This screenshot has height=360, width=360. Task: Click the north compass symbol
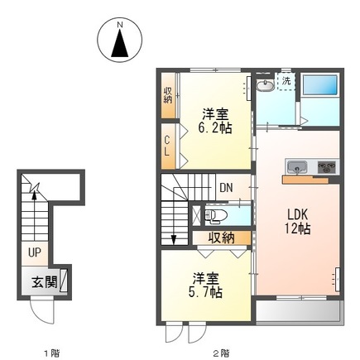pos(120,40)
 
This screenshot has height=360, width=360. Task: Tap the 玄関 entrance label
pos(44,281)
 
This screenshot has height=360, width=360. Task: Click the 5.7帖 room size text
pos(204,292)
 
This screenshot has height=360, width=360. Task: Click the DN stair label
pos(226,187)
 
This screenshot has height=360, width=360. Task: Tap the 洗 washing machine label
pos(286,81)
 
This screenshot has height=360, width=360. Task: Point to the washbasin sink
pos(265,88)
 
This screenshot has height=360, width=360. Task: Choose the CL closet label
pos(166,146)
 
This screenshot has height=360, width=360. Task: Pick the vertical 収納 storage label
pos(168,94)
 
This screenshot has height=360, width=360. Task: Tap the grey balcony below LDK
pos(298,312)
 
